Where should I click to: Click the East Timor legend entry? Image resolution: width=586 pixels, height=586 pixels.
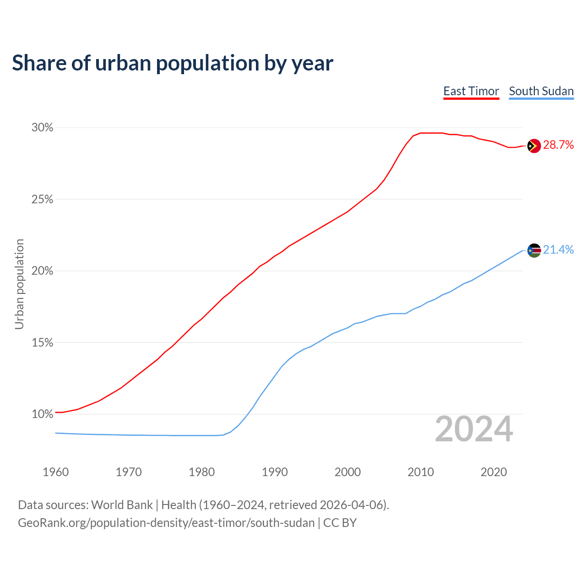pos(471,91)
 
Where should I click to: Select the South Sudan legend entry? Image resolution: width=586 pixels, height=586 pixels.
pos(541,91)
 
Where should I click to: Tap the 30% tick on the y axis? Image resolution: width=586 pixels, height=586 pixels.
pos(43,128)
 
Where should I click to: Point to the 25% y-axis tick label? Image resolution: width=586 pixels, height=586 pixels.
pos(43,200)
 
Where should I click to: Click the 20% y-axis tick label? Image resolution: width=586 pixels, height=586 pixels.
pos(43,271)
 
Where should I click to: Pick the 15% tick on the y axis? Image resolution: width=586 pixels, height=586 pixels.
pos(43,343)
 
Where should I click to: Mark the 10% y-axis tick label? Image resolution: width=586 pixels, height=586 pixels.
pos(43,414)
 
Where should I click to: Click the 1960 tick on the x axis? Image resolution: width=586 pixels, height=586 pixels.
pos(55,472)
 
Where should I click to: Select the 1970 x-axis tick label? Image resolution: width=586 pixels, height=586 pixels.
pos(129,472)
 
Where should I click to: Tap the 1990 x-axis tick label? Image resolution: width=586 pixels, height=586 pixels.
pos(275,472)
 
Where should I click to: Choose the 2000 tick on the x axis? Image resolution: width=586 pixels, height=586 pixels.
pos(347,472)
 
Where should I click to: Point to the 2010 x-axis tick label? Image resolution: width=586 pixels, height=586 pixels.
pos(421,472)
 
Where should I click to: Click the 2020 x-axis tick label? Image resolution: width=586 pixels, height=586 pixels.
pos(494,472)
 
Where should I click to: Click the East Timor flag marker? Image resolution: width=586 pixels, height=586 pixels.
pos(534,146)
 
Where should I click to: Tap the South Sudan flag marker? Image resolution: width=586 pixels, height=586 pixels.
pos(534,250)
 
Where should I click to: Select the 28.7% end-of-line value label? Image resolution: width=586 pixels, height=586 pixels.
pos(558,145)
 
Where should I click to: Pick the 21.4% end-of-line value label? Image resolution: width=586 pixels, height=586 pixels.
pos(558,250)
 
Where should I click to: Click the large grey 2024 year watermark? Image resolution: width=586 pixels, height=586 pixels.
pos(474,429)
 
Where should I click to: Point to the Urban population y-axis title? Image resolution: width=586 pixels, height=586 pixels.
pos(19,284)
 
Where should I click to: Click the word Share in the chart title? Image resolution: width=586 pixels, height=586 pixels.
pos(39,63)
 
